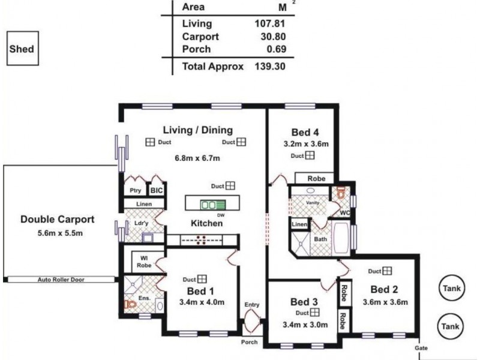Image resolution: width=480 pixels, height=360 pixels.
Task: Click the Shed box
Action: click(x=22, y=50)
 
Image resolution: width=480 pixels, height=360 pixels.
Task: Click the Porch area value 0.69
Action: click(x=273, y=49)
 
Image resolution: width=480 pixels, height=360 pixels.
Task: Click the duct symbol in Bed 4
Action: click(x=310, y=156)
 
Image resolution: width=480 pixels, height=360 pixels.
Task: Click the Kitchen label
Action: click(x=207, y=223)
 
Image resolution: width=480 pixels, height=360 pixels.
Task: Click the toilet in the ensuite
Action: click(x=130, y=304)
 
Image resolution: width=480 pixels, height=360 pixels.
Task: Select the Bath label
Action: click(x=321, y=238)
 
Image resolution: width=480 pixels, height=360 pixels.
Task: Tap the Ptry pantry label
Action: click(x=135, y=190)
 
